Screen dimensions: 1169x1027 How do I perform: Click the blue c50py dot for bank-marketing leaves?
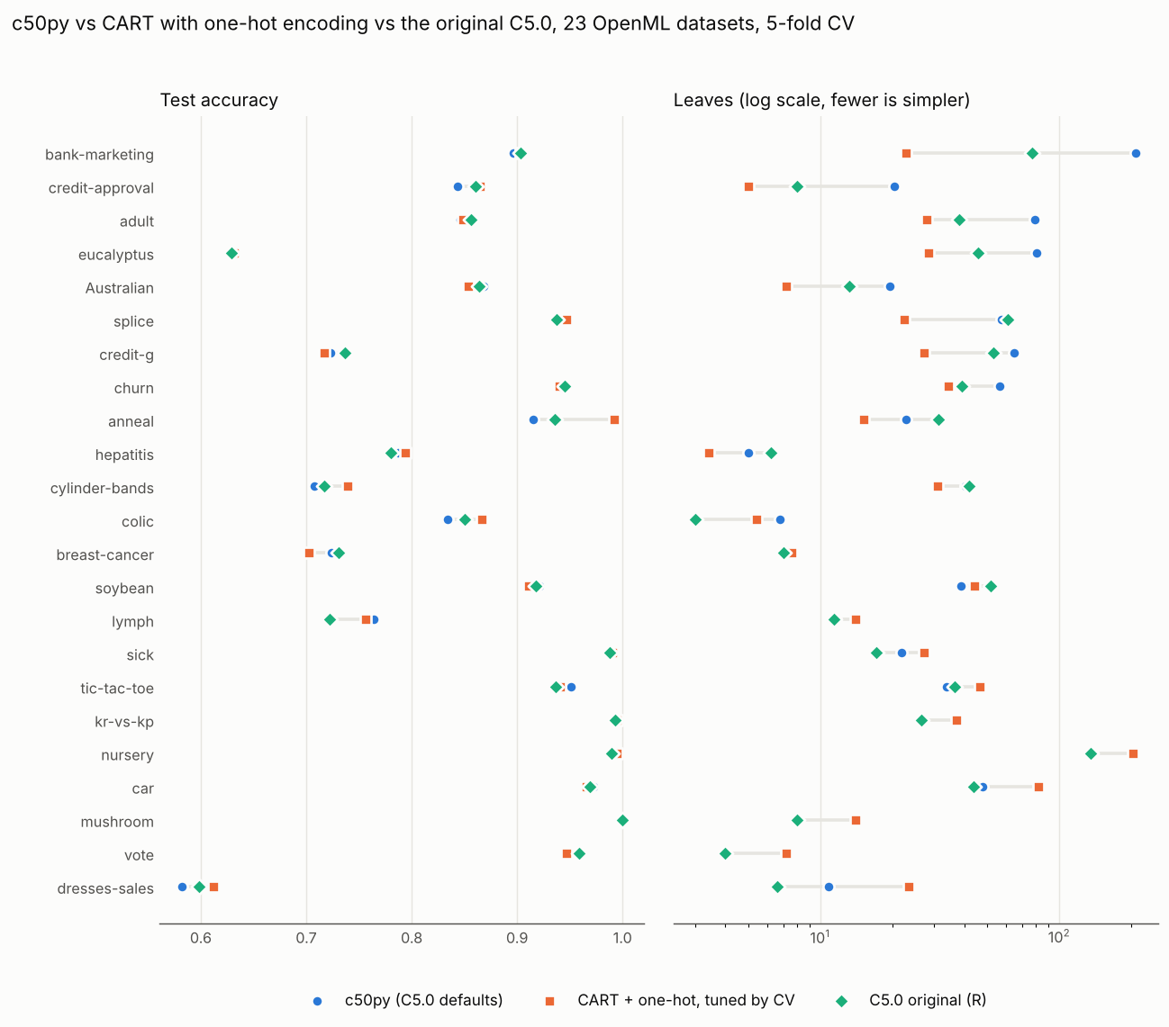click(1136, 153)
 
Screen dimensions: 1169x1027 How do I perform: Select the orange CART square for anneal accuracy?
click(614, 419)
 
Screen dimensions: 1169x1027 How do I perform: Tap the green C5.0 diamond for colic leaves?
click(695, 520)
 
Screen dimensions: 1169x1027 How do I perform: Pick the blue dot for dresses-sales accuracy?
click(182, 887)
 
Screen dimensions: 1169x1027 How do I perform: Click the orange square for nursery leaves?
click(1133, 753)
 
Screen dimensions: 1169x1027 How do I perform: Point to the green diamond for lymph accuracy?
click(330, 620)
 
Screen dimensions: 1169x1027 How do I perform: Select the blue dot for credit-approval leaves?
click(894, 187)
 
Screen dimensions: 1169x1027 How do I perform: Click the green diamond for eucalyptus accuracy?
click(232, 253)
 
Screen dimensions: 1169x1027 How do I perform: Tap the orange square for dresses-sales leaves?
click(909, 887)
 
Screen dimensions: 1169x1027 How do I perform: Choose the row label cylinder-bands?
click(102, 489)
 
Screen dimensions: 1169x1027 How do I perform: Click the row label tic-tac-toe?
click(116, 689)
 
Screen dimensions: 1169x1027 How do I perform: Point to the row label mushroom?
click(117, 822)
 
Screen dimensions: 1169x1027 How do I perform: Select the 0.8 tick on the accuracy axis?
click(412, 938)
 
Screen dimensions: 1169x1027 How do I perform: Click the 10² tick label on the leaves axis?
click(1058, 937)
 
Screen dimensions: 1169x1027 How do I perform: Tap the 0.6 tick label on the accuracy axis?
click(201, 938)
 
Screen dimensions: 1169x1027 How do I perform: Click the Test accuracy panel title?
click(219, 100)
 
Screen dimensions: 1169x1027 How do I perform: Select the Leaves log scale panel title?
click(821, 100)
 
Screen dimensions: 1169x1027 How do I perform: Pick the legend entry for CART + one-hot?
click(670, 1001)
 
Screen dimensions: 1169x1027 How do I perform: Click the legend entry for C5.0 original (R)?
click(911, 1001)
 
